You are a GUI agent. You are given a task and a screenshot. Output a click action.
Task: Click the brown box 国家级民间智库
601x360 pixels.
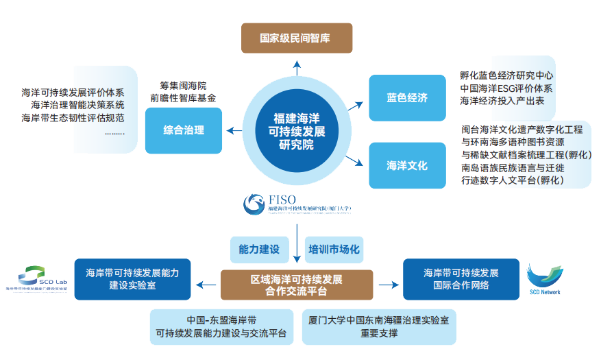(296, 38)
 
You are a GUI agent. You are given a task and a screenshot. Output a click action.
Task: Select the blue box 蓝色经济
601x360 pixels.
(406, 98)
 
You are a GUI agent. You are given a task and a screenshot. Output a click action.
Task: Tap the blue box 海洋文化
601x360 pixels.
(406, 165)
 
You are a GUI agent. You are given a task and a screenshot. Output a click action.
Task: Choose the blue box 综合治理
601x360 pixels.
(184, 130)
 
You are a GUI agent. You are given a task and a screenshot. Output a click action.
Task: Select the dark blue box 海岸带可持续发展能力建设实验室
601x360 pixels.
(132, 278)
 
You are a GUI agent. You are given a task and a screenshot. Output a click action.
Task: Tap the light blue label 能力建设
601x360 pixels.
(259, 250)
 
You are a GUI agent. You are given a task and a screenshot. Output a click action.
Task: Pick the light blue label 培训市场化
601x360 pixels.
(334, 250)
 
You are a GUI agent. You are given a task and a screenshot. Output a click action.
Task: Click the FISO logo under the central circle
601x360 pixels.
(297, 204)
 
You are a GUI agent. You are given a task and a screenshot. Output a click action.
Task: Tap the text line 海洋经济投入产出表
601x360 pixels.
(502, 101)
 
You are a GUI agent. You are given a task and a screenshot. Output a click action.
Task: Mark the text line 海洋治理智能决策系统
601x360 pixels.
(77, 106)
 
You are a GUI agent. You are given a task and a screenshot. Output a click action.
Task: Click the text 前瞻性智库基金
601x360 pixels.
(184, 97)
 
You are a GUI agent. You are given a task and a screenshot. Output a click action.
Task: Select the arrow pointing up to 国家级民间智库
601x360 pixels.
(297, 67)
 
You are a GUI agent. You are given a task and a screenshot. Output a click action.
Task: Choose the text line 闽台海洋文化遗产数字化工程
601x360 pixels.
(522, 129)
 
